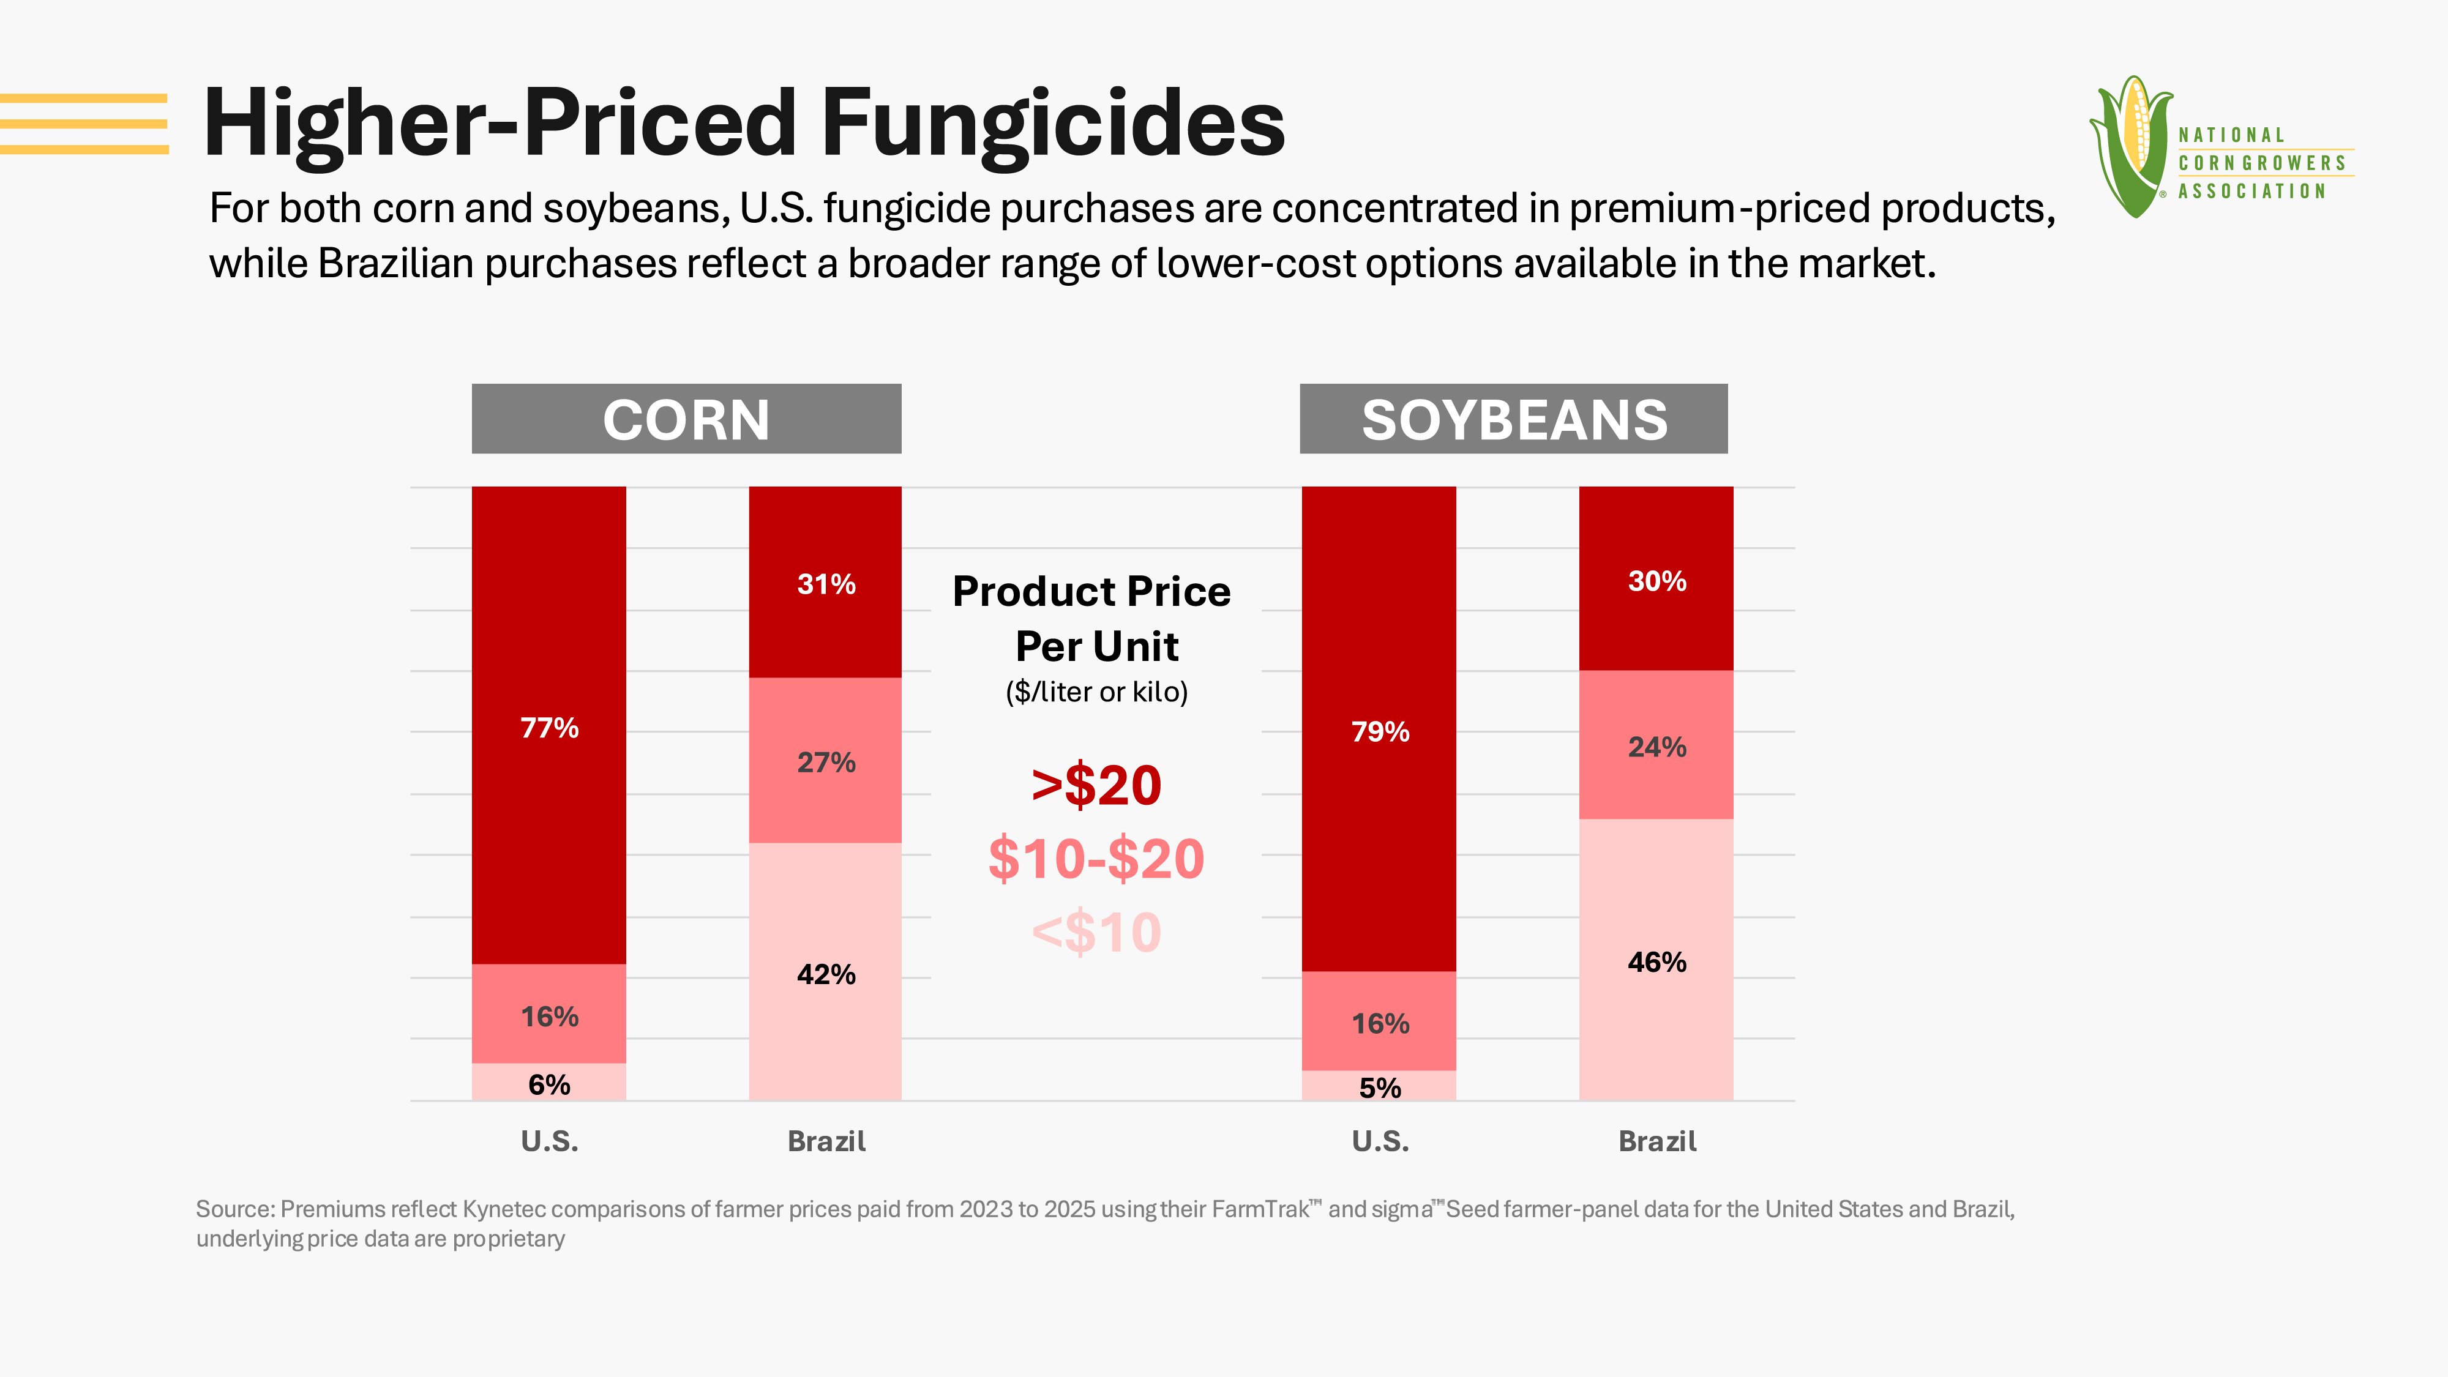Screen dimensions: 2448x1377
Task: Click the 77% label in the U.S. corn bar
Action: click(x=549, y=728)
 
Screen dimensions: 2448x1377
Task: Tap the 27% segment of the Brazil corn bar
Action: click(x=825, y=760)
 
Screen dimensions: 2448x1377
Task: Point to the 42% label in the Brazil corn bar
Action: click(x=826, y=974)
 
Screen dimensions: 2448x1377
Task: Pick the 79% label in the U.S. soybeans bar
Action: click(x=1380, y=732)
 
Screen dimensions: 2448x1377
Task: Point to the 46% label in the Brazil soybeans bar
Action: click(x=1656, y=961)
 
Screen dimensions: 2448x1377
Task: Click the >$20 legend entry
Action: click(x=1096, y=785)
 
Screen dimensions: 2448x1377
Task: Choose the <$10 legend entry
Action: click(x=1096, y=932)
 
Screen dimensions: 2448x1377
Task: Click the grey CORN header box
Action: click(x=686, y=418)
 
